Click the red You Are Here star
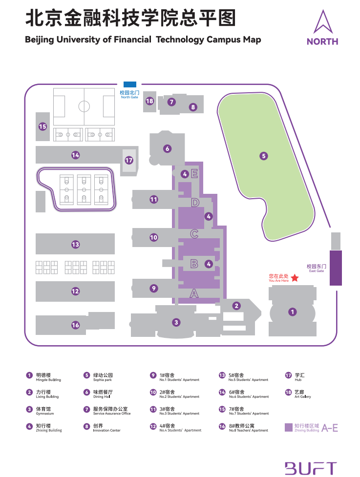coord(295,278)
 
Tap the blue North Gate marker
coord(130,84)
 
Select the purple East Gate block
coord(336,268)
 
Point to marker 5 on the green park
coord(264,156)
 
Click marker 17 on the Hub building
coord(129,160)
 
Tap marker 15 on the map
coord(42,126)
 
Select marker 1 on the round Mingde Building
coord(292,311)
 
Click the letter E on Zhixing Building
coord(194,173)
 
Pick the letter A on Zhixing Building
coord(194,293)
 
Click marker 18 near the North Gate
coord(149,101)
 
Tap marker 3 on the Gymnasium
coord(176,322)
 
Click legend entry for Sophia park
coord(103,377)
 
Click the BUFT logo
coord(311,467)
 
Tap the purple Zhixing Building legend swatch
coord(289,428)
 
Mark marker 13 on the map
coord(75,244)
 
